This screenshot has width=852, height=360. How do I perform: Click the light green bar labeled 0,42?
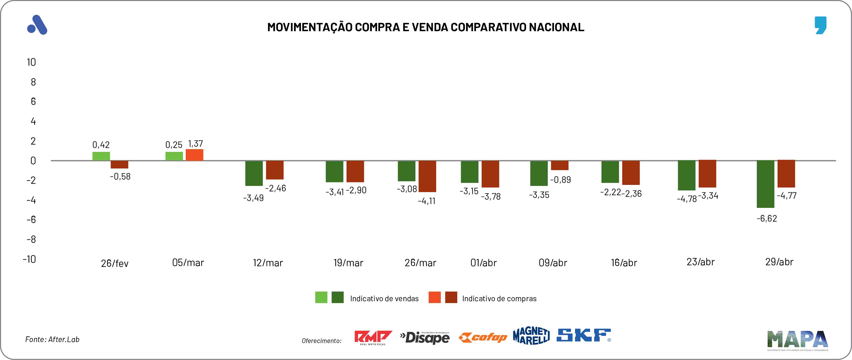coord(101,156)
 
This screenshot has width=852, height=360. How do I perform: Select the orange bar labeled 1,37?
coord(195,155)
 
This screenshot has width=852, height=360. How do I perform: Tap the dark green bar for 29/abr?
coord(765,184)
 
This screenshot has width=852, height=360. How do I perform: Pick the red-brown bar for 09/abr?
coord(560,165)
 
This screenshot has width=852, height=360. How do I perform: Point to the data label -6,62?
coord(767,219)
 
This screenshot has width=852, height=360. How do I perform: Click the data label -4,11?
coord(426,201)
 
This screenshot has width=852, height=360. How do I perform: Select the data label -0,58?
coord(120,176)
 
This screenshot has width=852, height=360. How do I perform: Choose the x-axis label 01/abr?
coord(483,263)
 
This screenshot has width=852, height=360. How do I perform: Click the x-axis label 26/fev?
coord(114,263)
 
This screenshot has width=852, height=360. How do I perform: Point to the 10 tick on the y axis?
coord(31,62)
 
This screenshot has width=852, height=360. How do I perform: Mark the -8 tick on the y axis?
coord(31,239)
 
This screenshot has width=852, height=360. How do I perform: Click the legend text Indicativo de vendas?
coord(384,299)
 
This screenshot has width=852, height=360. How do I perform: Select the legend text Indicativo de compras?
coord(499,299)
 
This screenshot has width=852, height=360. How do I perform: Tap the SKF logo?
coord(584,335)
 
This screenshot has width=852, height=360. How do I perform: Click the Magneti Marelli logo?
coord(531,336)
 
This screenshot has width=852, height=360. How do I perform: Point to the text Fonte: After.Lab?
coord(52,339)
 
